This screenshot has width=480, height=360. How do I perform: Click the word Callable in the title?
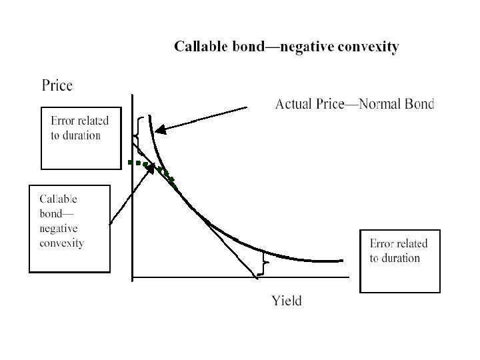[x=200, y=47]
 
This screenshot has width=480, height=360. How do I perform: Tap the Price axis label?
[x=57, y=85]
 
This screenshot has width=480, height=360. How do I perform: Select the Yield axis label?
[x=287, y=301]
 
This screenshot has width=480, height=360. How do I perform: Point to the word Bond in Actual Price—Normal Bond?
[x=419, y=104]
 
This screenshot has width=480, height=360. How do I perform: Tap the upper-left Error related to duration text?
[x=79, y=128]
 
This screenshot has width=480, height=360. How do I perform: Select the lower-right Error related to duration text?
[x=399, y=251]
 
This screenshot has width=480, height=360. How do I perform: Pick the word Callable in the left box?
[x=59, y=199]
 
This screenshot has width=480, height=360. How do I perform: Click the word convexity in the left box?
[x=62, y=243]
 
